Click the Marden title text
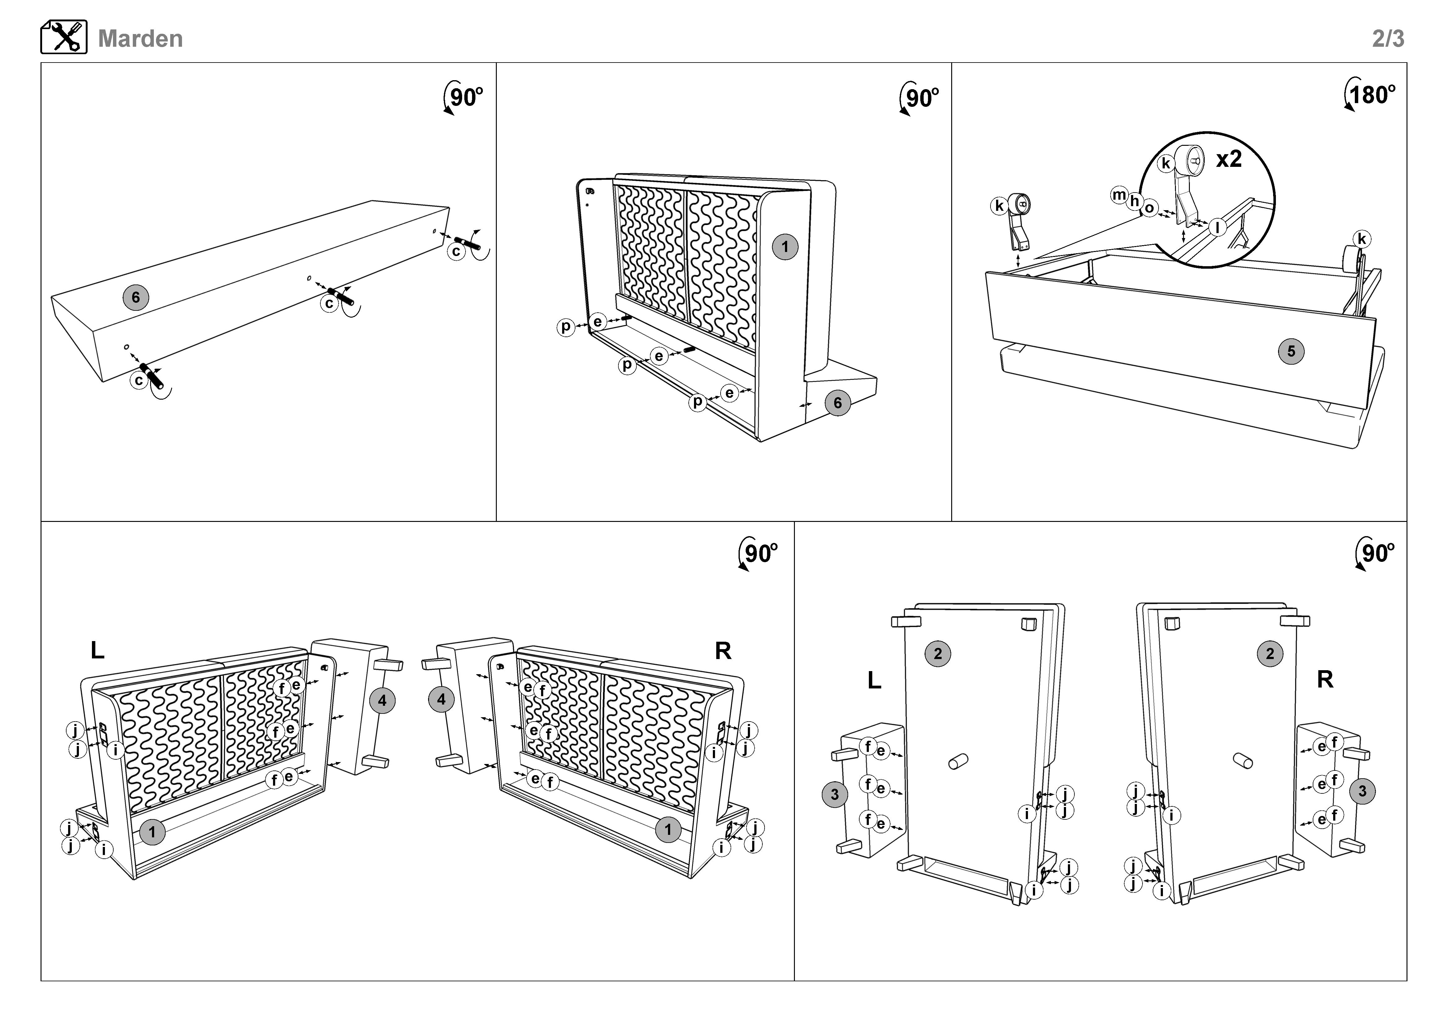pos(140,38)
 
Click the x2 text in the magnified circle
pos(1229,158)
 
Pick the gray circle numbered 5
pos(1291,351)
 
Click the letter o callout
pos(1149,208)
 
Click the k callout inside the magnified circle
pos(1166,163)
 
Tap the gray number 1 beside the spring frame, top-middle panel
pos(785,246)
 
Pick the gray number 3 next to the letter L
pos(835,794)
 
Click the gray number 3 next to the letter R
pos(1362,791)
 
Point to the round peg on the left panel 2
pos(958,761)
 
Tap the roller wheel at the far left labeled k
pos(1019,204)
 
